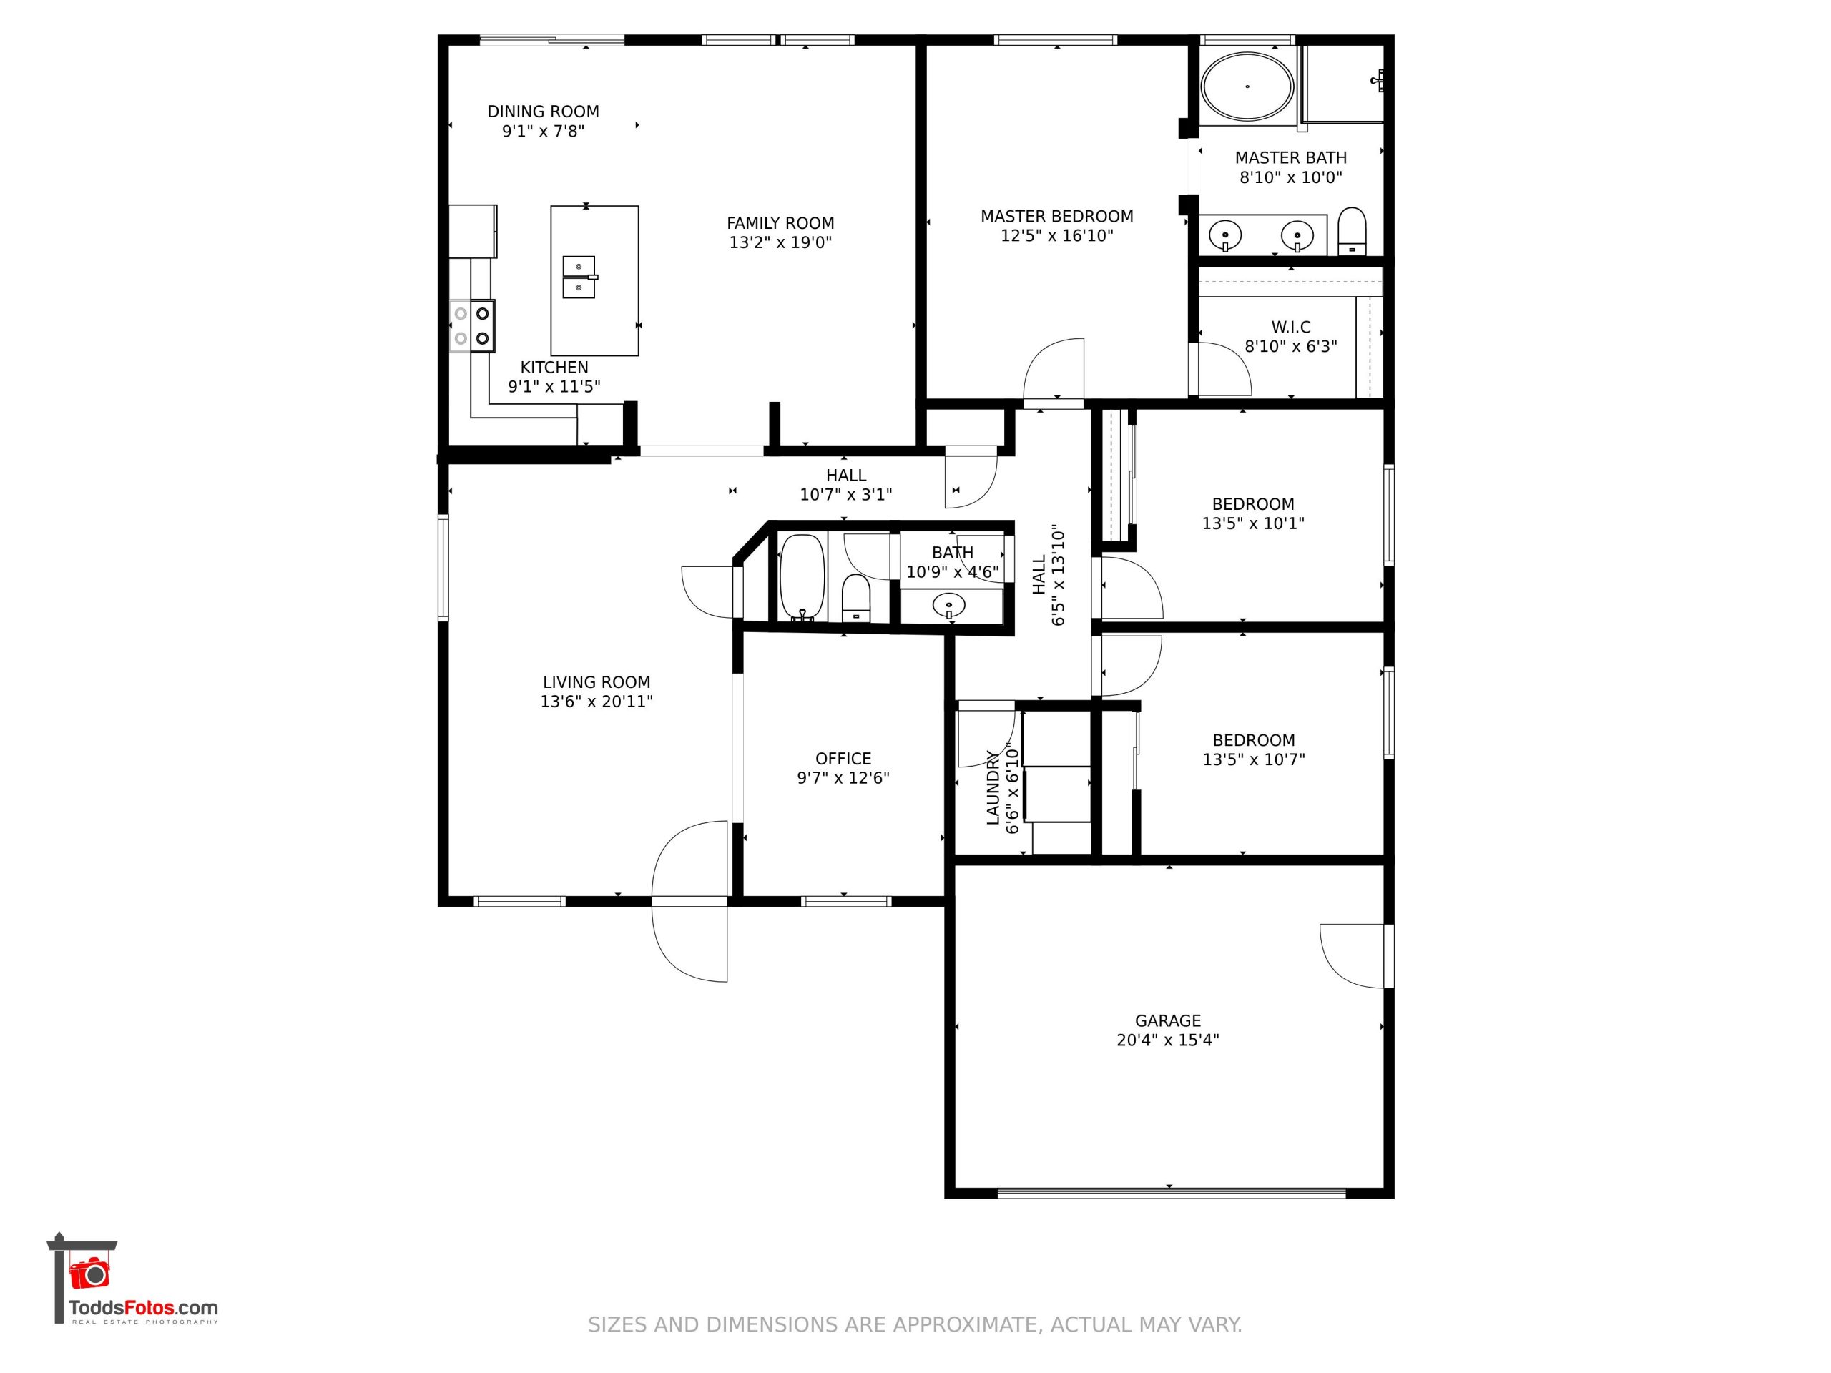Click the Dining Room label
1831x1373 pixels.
[x=543, y=112]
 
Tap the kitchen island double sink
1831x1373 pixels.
[x=579, y=277]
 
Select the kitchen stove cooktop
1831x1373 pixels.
[x=473, y=326]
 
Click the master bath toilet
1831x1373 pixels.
[x=1352, y=231]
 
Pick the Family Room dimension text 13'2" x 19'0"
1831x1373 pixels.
[x=780, y=242]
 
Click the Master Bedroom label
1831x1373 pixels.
[x=1057, y=217]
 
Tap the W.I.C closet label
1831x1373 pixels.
[x=1291, y=327]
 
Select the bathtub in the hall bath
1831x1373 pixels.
[x=802, y=578]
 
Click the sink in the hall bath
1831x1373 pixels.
[x=948, y=606]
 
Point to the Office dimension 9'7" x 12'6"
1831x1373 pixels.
[x=843, y=778]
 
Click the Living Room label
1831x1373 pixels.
[x=597, y=683]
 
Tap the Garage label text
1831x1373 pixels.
[x=1168, y=1021]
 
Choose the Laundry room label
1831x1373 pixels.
[x=993, y=788]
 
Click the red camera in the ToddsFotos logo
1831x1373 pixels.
[x=89, y=1273]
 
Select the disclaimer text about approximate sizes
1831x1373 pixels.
[x=915, y=1325]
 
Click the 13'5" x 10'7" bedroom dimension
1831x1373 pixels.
[x=1253, y=759]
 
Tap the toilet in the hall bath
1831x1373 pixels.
[x=856, y=598]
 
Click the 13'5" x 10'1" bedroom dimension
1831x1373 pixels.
[x=1253, y=523]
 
